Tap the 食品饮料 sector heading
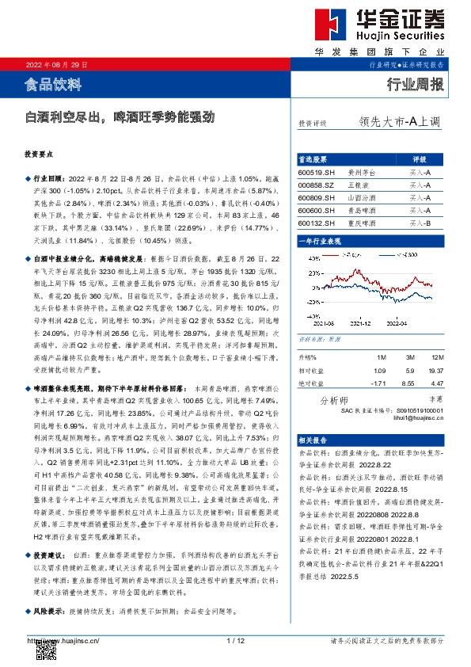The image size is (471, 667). point(53,84)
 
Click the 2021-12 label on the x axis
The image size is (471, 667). point(360,322)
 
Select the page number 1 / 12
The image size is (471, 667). point(235,640)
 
